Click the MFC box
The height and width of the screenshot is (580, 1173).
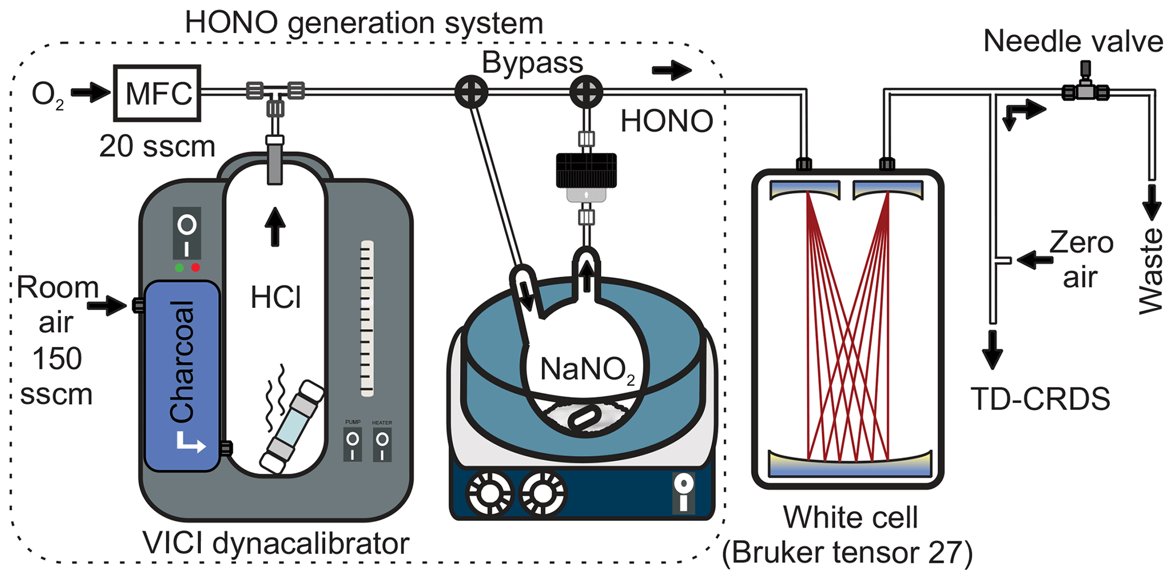(x=157, y=93)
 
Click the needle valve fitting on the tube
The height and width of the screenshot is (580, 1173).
(x=1085, y=90)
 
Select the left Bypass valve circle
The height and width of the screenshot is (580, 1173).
(x=471, y=92)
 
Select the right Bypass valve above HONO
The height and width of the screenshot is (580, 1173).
(x=586, y=92)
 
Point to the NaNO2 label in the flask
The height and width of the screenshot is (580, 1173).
(x=587, y=370)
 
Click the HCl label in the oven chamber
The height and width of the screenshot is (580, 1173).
(x=275, y=298)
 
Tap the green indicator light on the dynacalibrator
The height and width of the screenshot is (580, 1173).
(x=179, y=268)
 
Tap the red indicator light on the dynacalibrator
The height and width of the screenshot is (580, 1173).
(x=196, y=268)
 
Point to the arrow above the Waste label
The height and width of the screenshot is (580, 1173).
(x=1151, y=202)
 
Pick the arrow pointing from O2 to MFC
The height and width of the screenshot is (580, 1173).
(x=90, y=93)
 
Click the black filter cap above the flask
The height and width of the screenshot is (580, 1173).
(x=586, y=170)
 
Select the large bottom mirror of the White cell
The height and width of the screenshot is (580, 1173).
(x=849, y=463)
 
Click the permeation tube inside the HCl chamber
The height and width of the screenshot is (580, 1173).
(x=292, y=427)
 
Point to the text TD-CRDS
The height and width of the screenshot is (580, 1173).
(x=1040, y=399)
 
